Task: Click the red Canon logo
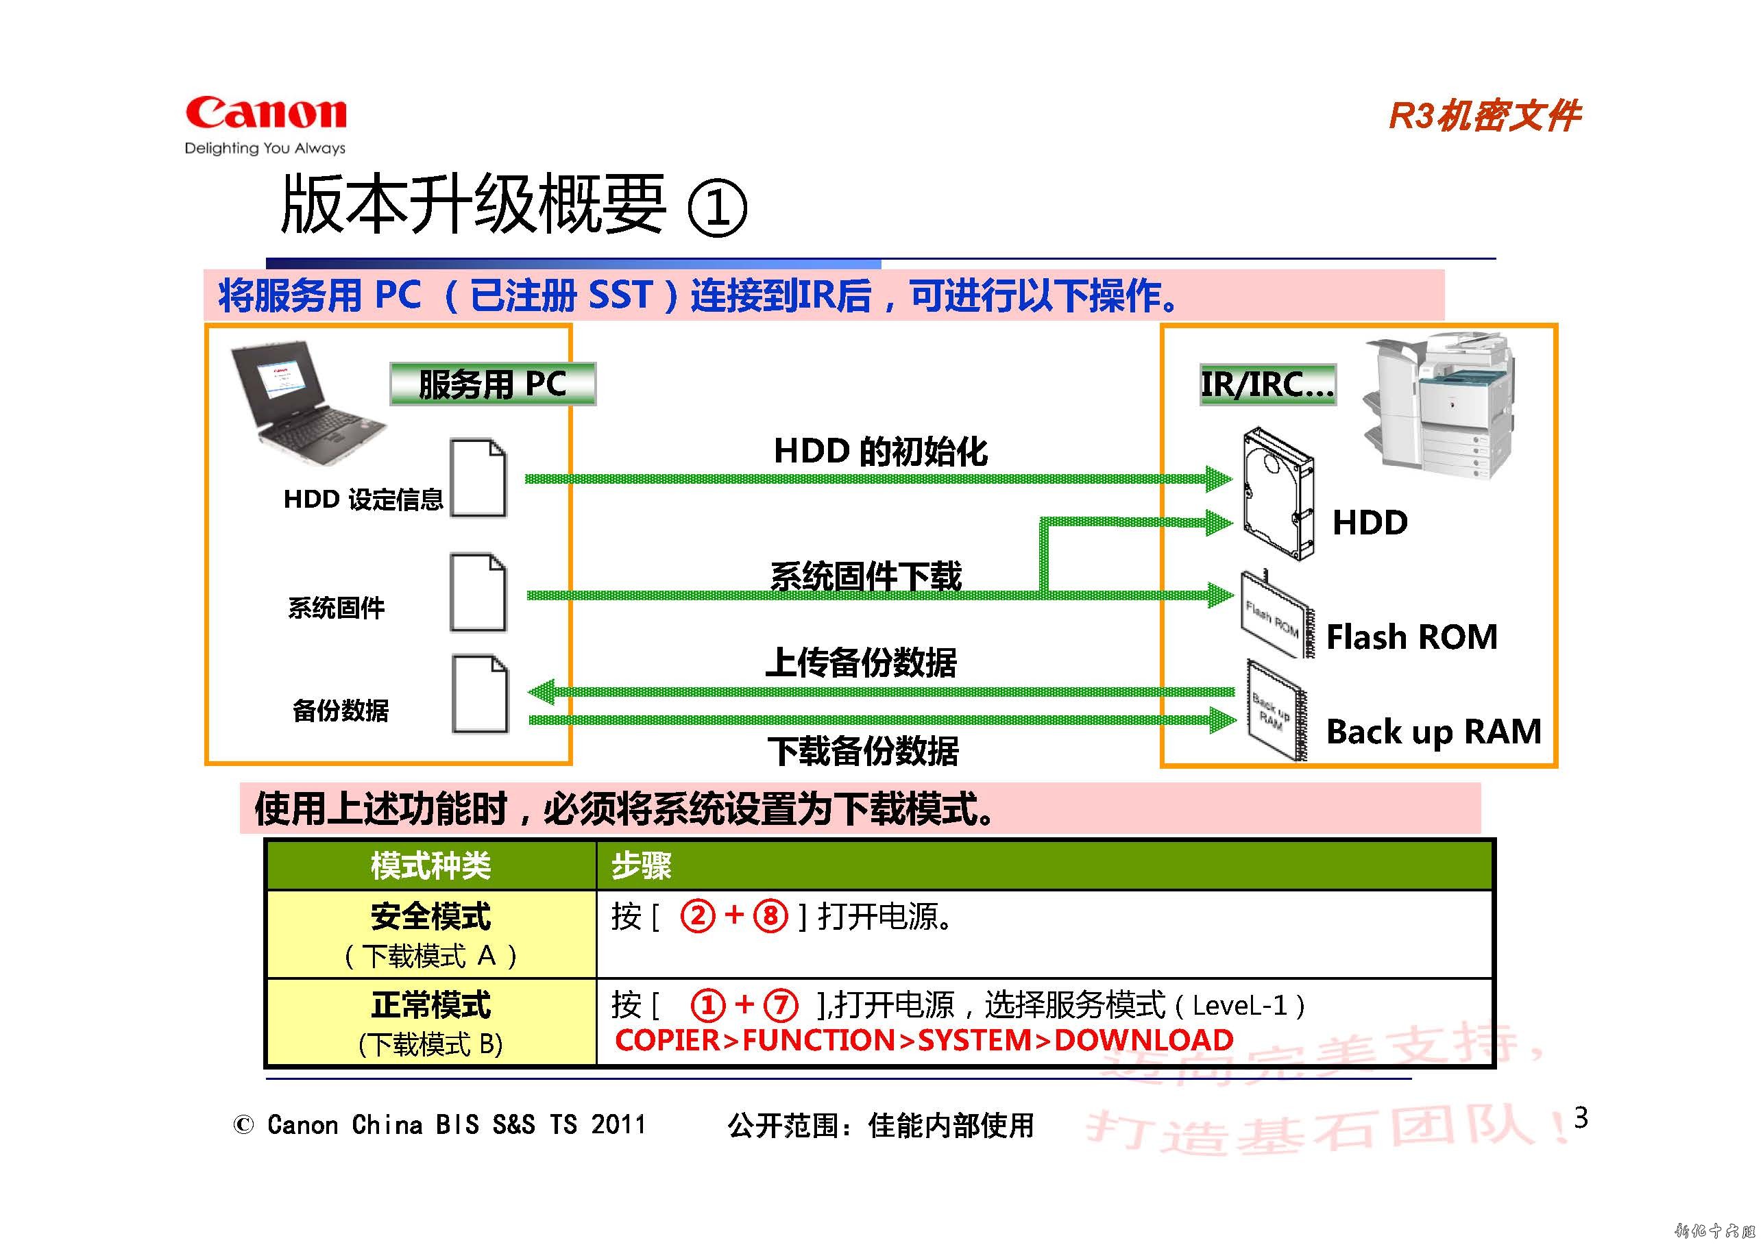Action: coord(266,114)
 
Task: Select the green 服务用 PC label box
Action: coord(492,383)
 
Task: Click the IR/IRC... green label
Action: coord(1267,384)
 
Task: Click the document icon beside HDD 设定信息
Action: coord(478,478)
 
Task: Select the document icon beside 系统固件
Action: coord(478,592)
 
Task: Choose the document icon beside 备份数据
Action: coord(479,694)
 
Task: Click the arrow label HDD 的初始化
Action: coord(880,451)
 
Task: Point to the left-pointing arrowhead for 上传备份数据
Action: coord(542,692)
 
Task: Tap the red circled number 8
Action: coord(770,915)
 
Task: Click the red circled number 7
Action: coord(781,1005)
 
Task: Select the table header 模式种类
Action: coord(430,866)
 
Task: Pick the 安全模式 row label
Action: coord(430,917)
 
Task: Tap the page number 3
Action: coord(1580,1118)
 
